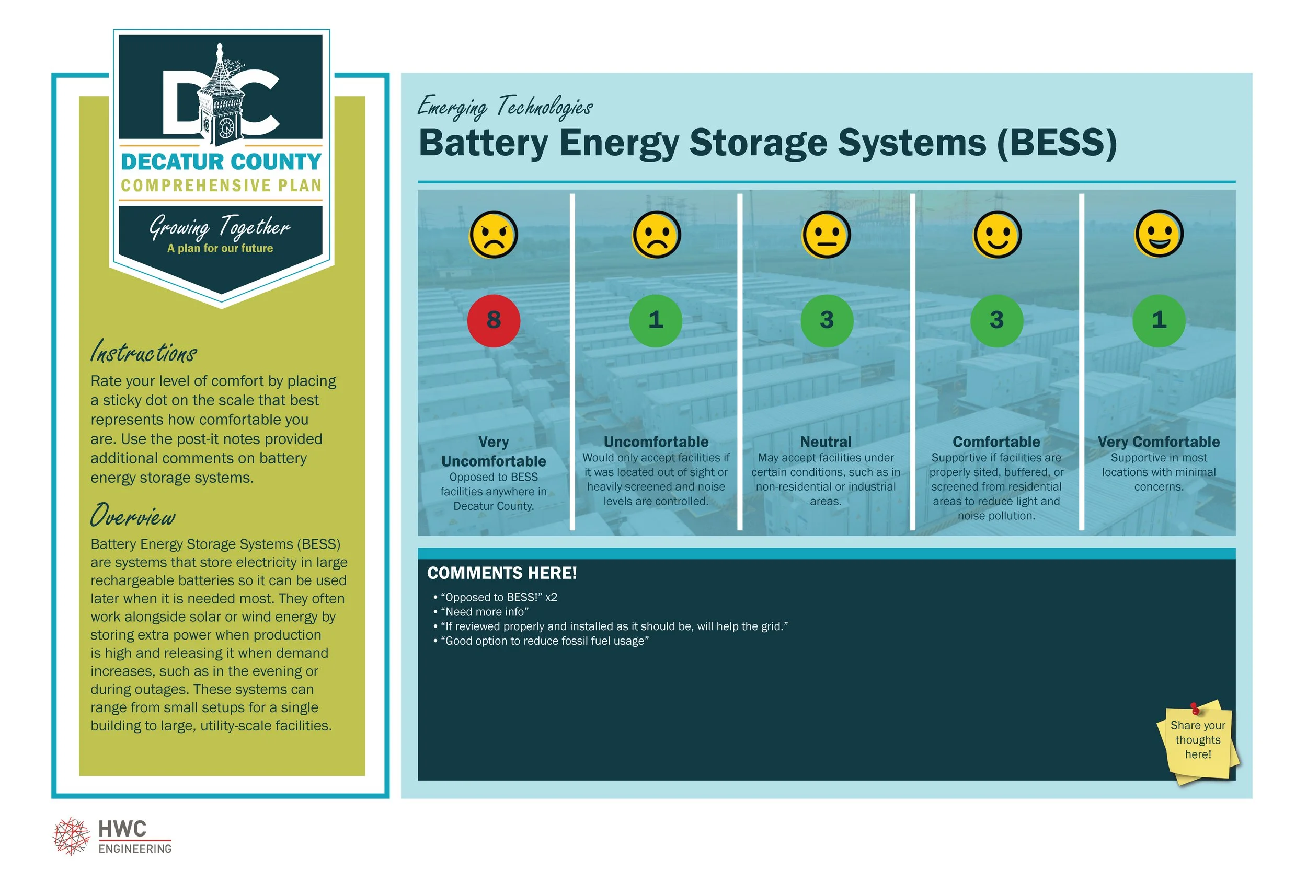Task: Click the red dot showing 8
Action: click(x=494, y=320)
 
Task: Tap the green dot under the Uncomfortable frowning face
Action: click(x=656, y=320)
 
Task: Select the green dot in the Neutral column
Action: click(x=827, y=320)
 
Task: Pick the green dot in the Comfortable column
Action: click(x=996, y=320)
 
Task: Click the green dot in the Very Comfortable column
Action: click(x=1159, y=320)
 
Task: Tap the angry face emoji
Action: click(x=494, y=235)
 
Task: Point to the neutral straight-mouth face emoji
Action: click(x=826, y=235)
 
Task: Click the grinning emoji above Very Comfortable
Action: click(x=1159, y=234)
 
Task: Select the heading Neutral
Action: click(x=826, y=442)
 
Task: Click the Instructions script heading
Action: click(x=144, y=352)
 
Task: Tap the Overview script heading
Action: click(x=133, y=516)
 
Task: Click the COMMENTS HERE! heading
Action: click(x=502, y=573)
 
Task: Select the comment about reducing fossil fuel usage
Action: click(x=544, y=641)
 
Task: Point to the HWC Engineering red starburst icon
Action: click(x=71, y=836)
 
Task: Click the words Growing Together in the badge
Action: click(x=220, y=227)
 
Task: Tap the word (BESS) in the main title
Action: click(x=1057, y=143)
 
